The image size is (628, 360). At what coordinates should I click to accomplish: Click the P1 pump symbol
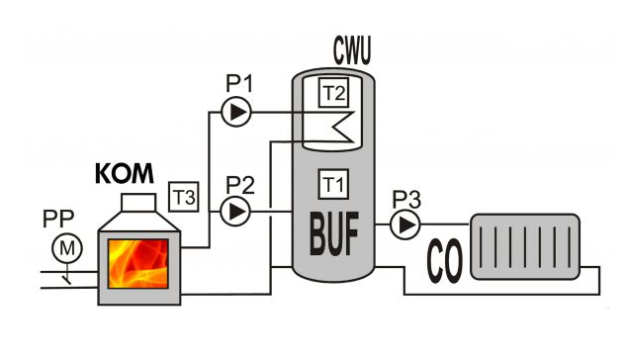click(236, 112)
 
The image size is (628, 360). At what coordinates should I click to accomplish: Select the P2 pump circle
click(235, 211)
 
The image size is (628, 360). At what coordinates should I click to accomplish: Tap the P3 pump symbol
click(404, 225)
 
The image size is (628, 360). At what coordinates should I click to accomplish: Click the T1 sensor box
click(333, 184)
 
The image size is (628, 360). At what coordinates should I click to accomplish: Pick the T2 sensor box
click(333, 93)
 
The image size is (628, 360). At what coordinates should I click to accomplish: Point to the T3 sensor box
click(184, 197)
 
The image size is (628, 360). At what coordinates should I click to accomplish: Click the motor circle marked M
click(67, 248)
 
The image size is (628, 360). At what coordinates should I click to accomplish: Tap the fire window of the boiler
click(137, 263)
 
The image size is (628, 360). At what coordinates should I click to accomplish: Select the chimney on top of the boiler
click(138, 203)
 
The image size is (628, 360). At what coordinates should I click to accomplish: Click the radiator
click(525, 246)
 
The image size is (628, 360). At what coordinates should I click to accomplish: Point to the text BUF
click(334, 233)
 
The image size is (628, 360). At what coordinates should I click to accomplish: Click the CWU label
click(352, 50)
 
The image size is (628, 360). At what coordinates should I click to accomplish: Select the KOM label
click(125, 173)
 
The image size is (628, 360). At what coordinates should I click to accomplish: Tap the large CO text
click(444, 261)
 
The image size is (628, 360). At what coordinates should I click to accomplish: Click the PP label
click(58, 219)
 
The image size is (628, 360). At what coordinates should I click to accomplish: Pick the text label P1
click(239, 84)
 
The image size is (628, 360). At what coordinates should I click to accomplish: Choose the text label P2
click(240, 185)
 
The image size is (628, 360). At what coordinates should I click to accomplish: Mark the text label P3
click(406, 200)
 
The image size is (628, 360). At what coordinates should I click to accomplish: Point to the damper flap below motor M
click(66, 280)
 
